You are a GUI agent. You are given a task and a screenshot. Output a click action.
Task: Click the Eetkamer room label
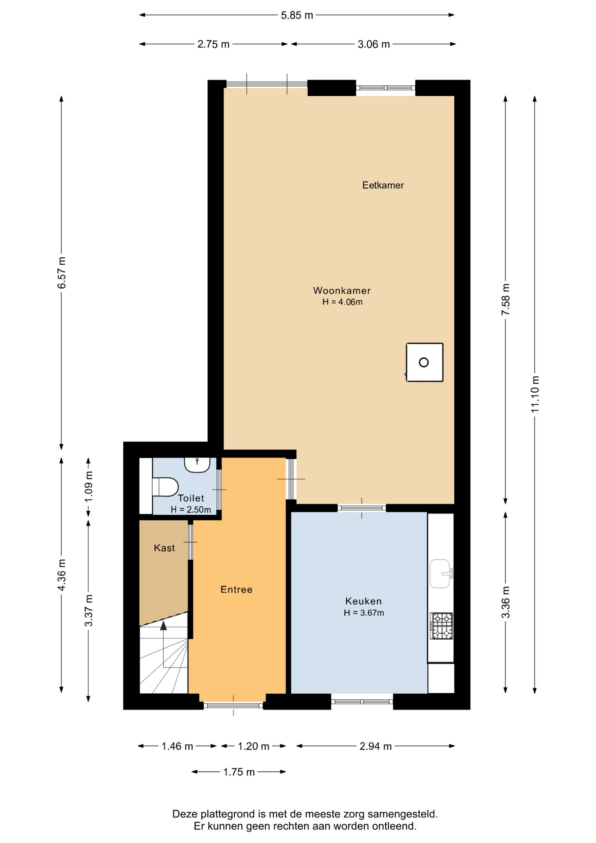coord(383,185)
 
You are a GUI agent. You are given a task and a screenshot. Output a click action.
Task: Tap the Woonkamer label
coord(342,291)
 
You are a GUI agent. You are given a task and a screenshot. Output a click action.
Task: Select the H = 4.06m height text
coord(342,302)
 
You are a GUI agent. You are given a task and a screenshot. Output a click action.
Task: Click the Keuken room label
coord(363,601)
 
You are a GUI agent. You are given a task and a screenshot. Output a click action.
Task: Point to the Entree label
coord(237,590)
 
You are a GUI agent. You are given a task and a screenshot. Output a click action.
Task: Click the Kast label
coord(164,548)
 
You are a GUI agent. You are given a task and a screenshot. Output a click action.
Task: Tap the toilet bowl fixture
coord(165,487)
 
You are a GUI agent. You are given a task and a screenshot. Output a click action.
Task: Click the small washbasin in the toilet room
coord(197,465)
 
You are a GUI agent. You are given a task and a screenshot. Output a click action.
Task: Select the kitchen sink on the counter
coord(441,573)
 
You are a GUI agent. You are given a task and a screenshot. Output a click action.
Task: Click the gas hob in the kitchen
coord(442,626)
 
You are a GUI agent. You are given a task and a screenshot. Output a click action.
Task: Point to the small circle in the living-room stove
coord(424,362)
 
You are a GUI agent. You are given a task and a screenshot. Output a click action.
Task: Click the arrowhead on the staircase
coord(164,625)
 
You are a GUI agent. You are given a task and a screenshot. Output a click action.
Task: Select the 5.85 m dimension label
coord(297,15)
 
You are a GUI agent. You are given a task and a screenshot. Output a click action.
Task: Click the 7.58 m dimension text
coord(506,299)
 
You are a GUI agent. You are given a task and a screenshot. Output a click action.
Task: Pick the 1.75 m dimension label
coord(239,772)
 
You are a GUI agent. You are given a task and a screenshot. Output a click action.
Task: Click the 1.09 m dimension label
coord(89,486)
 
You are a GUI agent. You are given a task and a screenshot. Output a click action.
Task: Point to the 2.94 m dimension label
coord(376,746)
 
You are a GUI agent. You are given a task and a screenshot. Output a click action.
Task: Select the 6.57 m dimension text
coord(62,273)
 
